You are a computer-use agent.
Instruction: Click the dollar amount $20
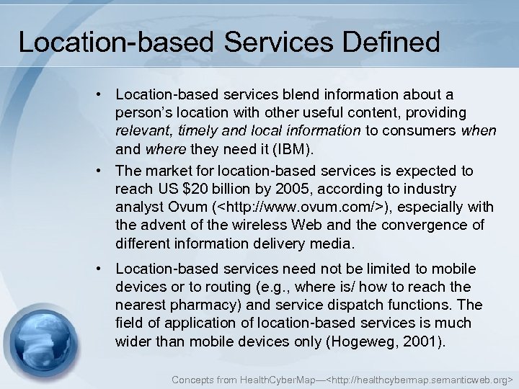coord(196,189)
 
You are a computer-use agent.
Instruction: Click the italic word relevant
coord(141,131)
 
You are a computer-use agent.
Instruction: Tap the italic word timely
coord(197,131)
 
